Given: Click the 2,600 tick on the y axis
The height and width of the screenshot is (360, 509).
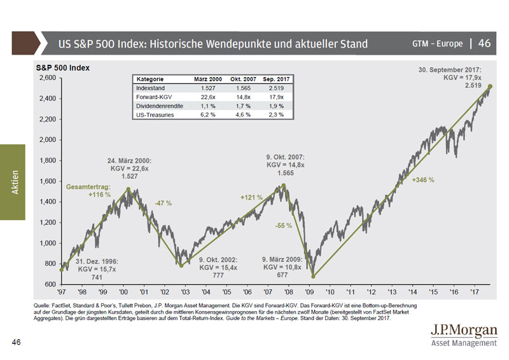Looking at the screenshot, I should click(47, 78).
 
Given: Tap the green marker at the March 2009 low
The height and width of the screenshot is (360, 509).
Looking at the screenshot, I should click(313, 276).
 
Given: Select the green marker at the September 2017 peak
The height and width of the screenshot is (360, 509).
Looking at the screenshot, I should click(490, 86).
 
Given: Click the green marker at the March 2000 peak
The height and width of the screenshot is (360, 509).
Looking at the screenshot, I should click(129, 189).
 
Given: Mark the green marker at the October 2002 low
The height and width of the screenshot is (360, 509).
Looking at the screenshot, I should click(181, 265).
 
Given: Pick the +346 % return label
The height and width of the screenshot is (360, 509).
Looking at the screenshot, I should click(423, 180).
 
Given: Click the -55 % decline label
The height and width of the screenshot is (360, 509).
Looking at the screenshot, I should click(284, 225).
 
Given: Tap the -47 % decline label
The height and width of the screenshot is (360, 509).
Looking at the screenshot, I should click(164, 203).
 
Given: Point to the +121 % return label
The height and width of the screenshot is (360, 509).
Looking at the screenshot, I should click(251, 197).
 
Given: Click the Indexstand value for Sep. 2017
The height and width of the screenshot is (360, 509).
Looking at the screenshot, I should click(275, 87).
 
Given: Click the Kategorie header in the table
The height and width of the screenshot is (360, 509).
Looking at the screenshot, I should click(150, 78).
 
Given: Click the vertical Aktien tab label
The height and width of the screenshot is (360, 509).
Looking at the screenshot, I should click(14, 182).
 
